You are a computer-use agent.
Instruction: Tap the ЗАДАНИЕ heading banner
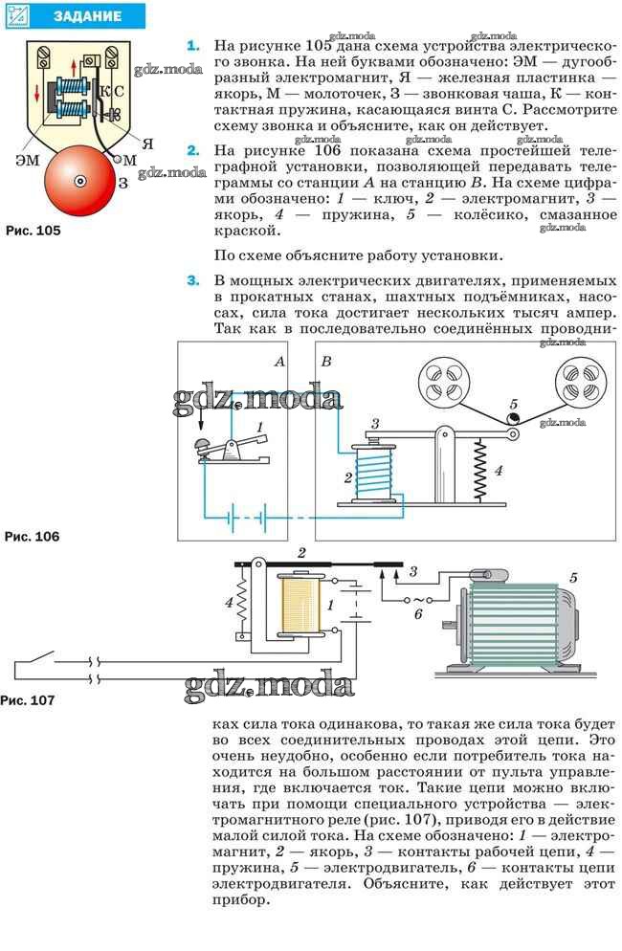click(76, 16)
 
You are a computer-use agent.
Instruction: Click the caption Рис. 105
click(33, 231)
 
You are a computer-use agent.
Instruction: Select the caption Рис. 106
click(33, 536)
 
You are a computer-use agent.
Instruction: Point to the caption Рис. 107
click(28, 700)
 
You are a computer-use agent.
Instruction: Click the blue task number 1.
click(193, 46)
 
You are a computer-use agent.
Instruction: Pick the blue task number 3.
click(193, 281)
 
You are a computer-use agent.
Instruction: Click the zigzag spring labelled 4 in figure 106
click(480, 470)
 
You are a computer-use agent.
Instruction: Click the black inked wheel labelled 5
click(513, 418)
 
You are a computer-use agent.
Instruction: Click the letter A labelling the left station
click(279, 362)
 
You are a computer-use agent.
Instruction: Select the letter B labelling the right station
click(326, 362)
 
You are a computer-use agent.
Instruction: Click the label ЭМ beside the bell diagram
click(28, 160)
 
